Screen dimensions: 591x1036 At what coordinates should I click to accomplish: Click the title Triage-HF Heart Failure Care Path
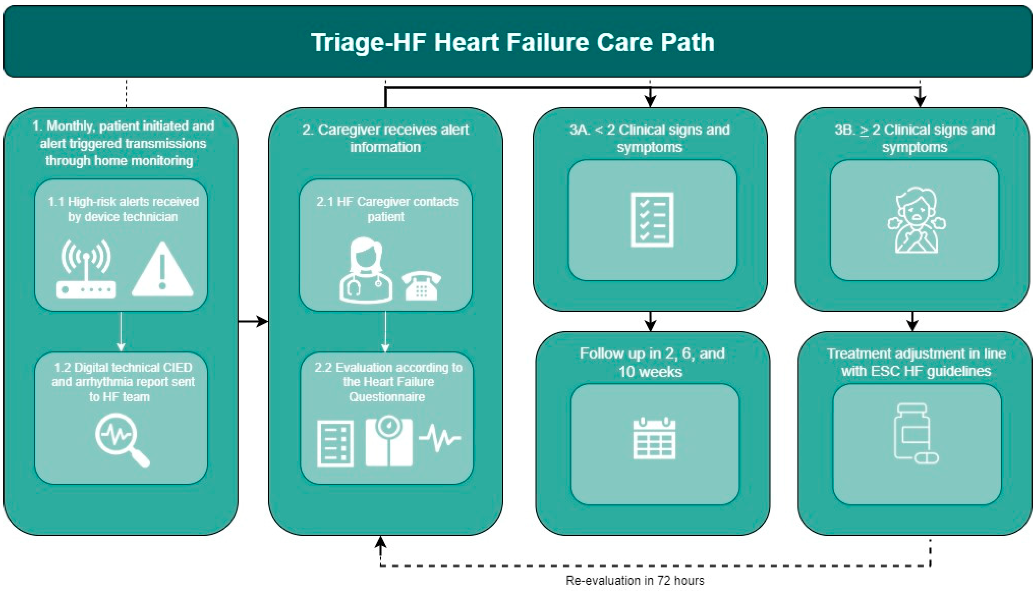coord(512,42)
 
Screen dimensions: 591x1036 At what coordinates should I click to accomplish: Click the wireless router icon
coord(86,270)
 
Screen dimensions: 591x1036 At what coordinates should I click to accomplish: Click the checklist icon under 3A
coord(652,220)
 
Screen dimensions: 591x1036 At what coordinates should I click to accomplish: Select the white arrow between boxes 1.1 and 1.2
coord(121,331)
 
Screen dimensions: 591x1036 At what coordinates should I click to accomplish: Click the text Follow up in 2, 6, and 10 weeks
coord(652,362)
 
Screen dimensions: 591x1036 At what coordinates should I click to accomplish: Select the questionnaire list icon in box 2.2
coord(335,444)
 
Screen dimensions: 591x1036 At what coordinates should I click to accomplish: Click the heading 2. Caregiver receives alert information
coord(385,138)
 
